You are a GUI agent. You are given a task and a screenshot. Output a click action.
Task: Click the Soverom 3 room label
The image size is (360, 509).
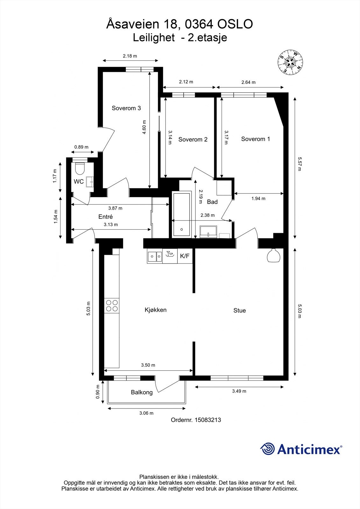tap(126, 108)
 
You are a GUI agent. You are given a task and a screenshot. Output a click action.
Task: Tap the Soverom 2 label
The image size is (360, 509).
tap(193, 140)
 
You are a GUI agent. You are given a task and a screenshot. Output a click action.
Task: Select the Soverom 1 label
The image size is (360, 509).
tap(256, 139)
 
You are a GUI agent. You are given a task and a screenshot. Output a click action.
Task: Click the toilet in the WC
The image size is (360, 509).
tap(80, 168)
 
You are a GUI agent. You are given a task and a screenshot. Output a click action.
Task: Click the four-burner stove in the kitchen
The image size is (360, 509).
tap(112, 306)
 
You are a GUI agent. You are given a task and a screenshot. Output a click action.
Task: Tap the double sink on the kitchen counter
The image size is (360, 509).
tap(155, 257)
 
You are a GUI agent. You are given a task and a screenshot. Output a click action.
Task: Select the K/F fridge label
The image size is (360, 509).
tap(185, 256)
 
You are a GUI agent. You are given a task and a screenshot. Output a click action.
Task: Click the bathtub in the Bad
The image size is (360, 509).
tap(181, 215)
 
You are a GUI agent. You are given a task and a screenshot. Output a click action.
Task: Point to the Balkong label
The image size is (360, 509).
tap(142, 393)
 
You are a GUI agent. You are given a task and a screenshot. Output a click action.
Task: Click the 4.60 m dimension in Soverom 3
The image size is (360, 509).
tap(144, 127)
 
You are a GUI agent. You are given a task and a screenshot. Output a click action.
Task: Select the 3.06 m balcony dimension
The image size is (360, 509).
tap(146, 413)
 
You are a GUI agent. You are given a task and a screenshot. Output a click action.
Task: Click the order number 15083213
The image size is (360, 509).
tap(208, 420)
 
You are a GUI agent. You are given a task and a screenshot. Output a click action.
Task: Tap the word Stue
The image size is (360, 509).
tap(239, 310)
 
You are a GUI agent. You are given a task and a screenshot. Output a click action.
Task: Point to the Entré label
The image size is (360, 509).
tap(106, 217)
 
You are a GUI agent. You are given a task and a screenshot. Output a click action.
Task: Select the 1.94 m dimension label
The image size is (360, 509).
tap(258, 199)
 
